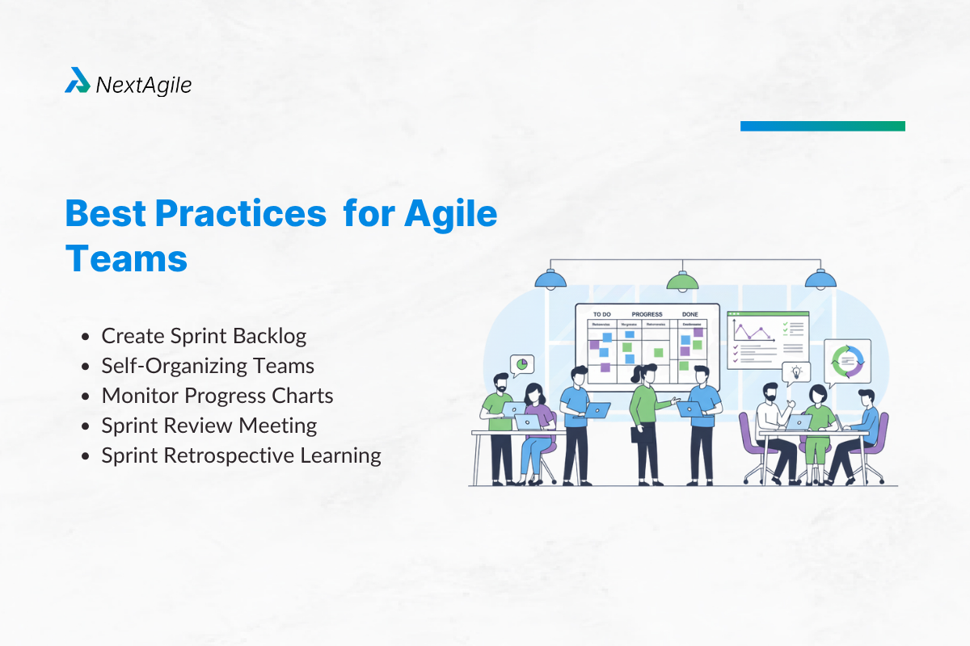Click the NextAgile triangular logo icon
78,81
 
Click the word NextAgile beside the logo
144,84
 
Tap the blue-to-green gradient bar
822,126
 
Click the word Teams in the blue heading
126,259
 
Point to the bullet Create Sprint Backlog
204,336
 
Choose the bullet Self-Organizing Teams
207,366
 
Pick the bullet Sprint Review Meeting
209,426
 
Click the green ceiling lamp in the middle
681,281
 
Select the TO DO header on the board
602,314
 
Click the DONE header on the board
690,314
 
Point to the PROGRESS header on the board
647,314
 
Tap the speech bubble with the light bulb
796,372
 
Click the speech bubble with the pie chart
522,365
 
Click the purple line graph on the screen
749,331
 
